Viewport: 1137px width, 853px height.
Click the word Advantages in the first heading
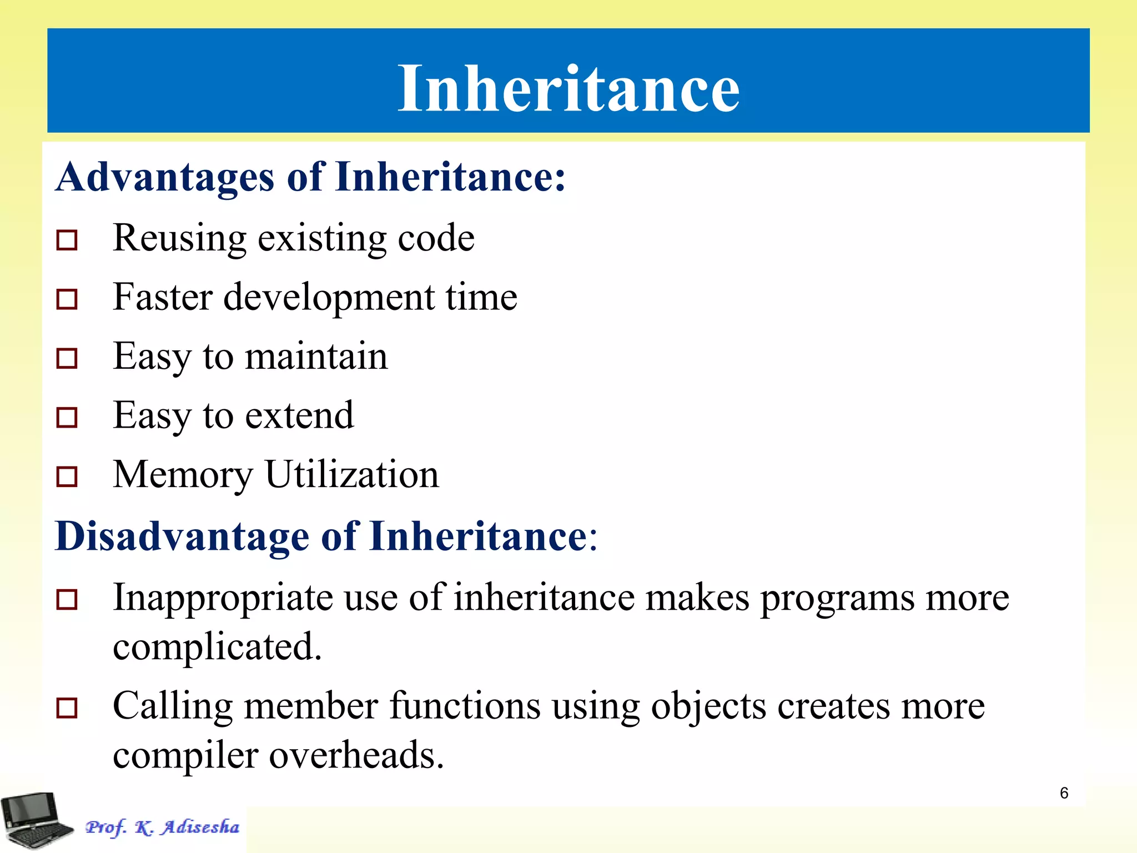pyautogui.click(x=165, y=178)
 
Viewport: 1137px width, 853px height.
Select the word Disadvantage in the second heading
pyautogui.click(x=182, y=536)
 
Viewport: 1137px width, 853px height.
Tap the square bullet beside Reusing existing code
pyautogui.click(x=67, y=240)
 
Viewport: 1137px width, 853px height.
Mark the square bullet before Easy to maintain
pyautogui.click(x=67, y=358)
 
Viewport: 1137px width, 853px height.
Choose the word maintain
pyautogui.click(x=316, y=357)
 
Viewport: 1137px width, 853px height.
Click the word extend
pyautogui.click(x=299, y=415)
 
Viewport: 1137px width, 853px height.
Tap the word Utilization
pyautogui.click(x=352, y=475)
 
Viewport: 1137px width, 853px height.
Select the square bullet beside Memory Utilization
pyautogui.click(x=67, y=476)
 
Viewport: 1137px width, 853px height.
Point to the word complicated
pyautogui.click(x=217, y=647)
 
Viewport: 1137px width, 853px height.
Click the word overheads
pyautogui.click(x=356, y=755)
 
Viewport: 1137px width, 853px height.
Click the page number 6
pyautogui.click(x=1064, y=793)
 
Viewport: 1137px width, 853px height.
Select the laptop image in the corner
pyautogui.click(x=37, y=821)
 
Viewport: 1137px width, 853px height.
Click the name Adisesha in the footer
pyautogui.click(x=201, y=827)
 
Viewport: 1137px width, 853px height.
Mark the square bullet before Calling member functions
pyautogui.click(x=67, y=708)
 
